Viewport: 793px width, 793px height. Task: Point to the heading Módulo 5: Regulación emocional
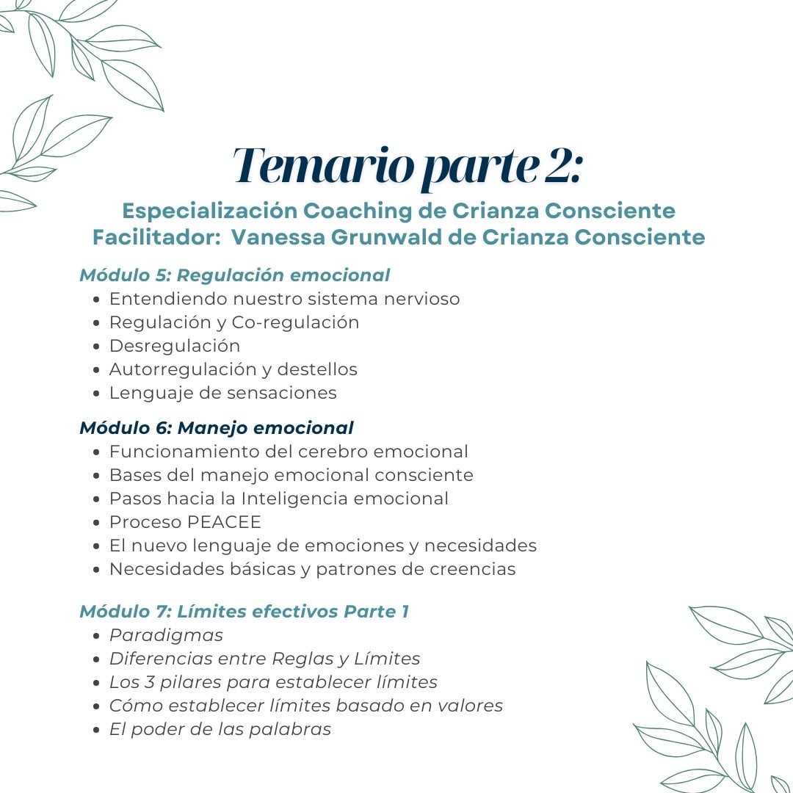tap(234, 275)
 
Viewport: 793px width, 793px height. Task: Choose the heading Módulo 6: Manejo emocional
tap(217, 427)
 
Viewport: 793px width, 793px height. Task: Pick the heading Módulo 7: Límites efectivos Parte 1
tap(244, 612)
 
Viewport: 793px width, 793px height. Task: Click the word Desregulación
tap(175, 346)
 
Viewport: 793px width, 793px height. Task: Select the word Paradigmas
tap(166, 635)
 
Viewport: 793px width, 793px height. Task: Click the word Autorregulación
tap(181, 369)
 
